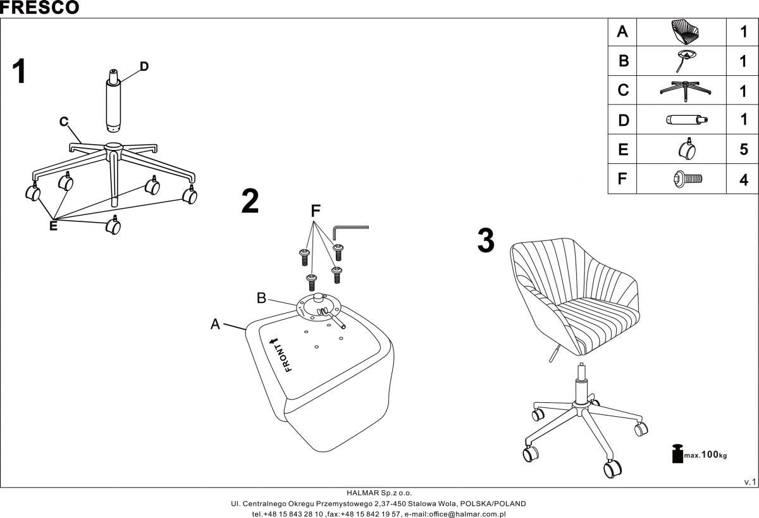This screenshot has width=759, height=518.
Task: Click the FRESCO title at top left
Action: tap(39, 8)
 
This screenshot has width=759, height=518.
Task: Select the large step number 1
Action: tap(20, 72)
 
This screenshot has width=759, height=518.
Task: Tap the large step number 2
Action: tap(250, 202)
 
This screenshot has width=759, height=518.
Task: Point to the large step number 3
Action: tap(486, 241)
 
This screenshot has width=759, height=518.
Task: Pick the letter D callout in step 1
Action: tap(144, 66)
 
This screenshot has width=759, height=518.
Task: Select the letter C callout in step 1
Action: tap(64, 122)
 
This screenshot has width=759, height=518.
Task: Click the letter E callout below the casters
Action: tap(53, 226)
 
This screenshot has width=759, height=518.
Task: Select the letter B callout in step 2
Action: tap(261, 297)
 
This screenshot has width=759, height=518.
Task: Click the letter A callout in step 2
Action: tap(215, 324)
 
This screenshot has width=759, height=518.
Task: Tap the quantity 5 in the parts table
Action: tap(744, 150)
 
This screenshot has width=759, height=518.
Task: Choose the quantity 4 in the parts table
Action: tap(744, 180)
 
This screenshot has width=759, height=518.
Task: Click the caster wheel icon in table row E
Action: tap(686, 149)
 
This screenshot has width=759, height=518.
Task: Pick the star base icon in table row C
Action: tap(686, 90)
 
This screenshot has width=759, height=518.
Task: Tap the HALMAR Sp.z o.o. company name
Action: tap(379, 493)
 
